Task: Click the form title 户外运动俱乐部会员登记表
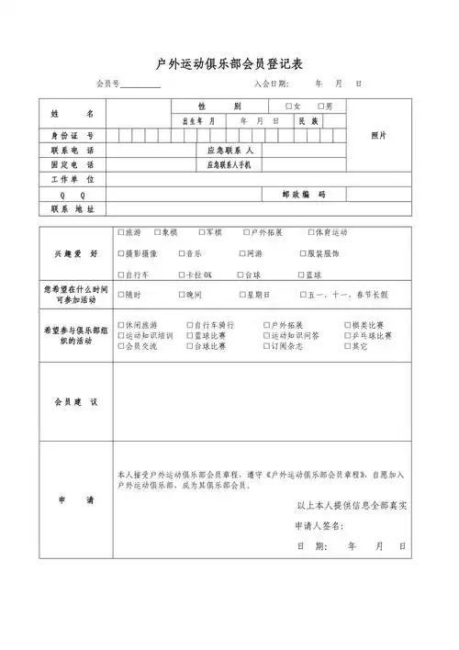pyautogui.click(x=229, y=62)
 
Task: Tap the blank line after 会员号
pyautogui.click(x=140, y=84)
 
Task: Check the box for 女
pyautogui.click(x=288, y=106)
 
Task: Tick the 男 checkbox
pyautogui.click(x=320, y=106)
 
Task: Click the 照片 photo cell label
pyautogui.click(x=378, y=135)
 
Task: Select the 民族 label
pyautogui.click(x=306, y=121)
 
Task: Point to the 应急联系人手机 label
pyautogui.click(x=235, y=165)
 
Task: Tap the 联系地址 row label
pyautogui.click(x=73, y=209)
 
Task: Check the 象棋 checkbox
pyautogui.click(x=158, y=232)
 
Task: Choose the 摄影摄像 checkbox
pyautogui.click(x=121, y=252)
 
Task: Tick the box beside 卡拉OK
pyautogui.click(x=180, y=275)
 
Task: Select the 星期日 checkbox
pyautogui.click(x=243, y=295)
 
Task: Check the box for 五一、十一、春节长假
pyautogui.click(x=303, y=295)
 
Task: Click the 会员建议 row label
pyautogui.click(x=73, y=403)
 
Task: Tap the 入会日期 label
pyautogui.click(x=271, y=84)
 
